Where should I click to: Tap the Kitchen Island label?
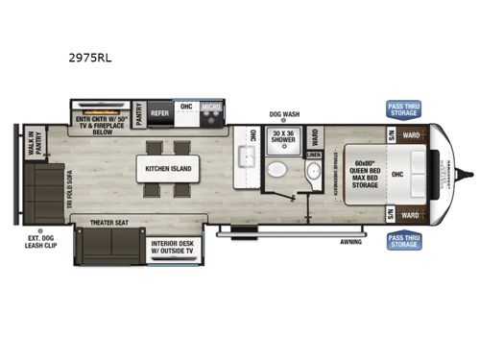tap(169, 169)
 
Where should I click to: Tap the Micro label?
tap(212, 108)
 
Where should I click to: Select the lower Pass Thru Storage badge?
tap(403, 240)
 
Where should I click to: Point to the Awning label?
tap(351, 242)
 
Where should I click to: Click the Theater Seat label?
tap(108, 223)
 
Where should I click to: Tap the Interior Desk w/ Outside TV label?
tap(173, 249)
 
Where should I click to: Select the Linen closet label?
tap(313, 154)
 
